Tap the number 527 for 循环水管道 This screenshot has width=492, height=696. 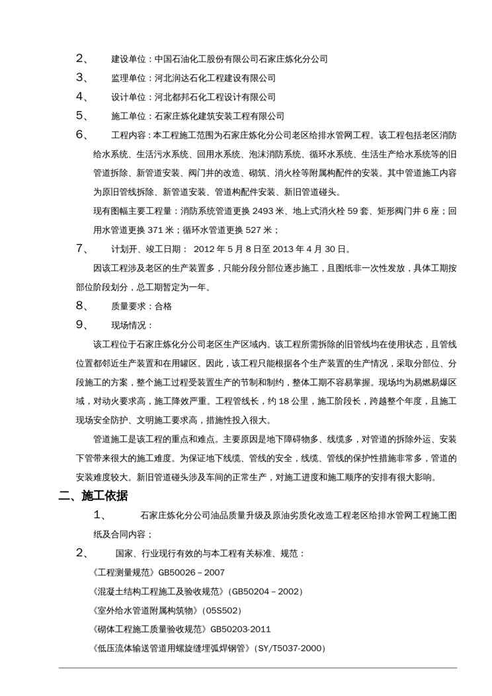255,230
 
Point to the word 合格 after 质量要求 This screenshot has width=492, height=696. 163,306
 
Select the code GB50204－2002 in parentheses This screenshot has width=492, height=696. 265,591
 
